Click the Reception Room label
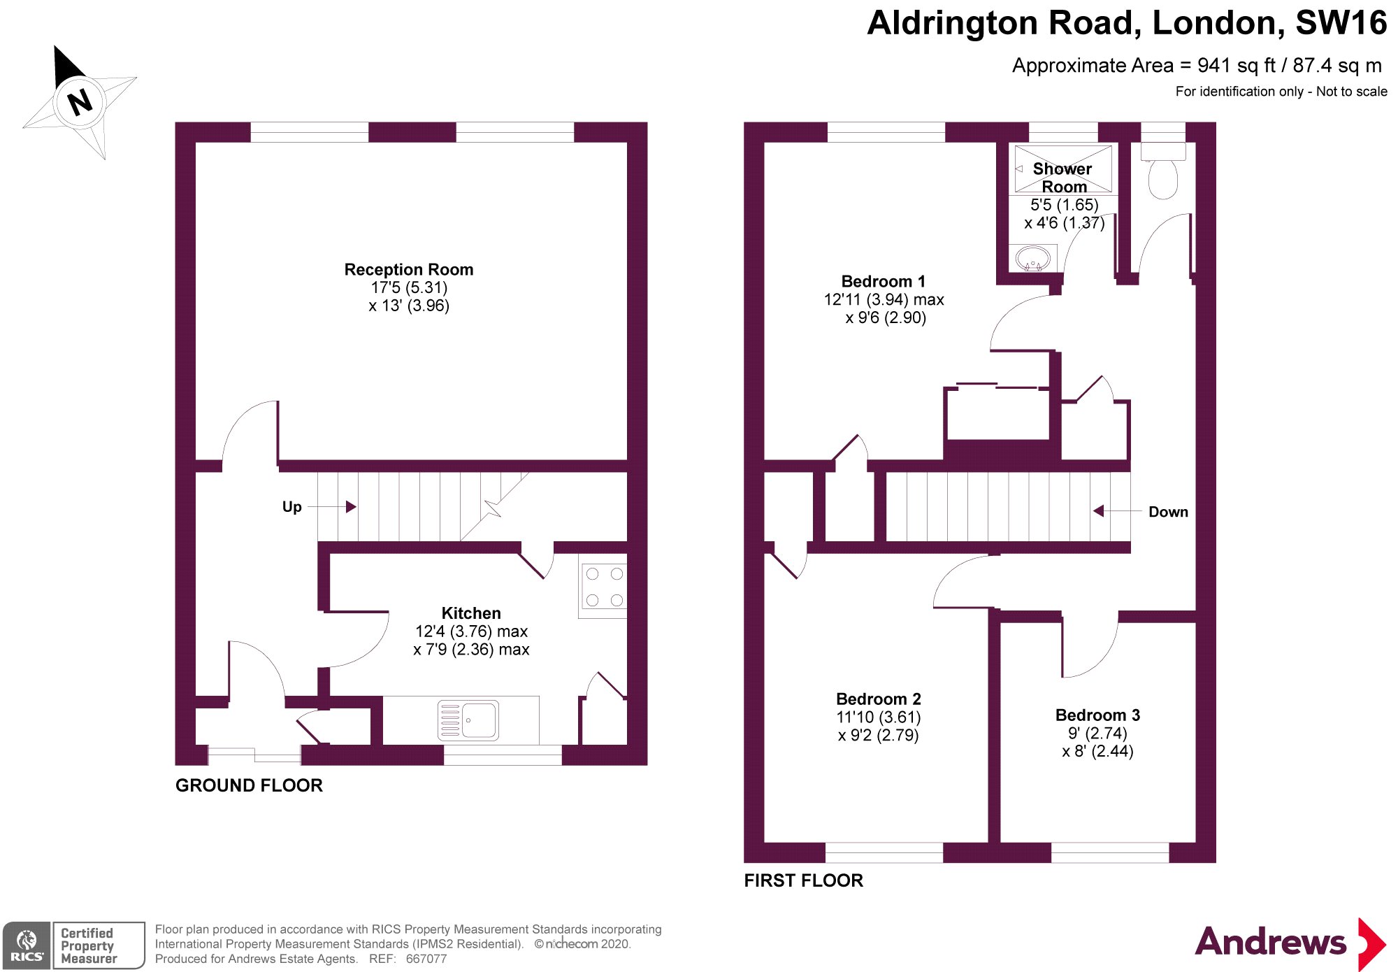click(409, 270)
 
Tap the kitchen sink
click(468, 720)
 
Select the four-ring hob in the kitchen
click(604, 587)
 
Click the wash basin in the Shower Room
click(1032, 259)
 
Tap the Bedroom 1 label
click(883, 282)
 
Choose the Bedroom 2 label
click(878, 699)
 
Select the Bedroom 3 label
click(1097, 715)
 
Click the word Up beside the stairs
click(291, 507)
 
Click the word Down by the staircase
click(1168, 512)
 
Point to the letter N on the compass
click(80, 102)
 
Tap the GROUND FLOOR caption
click(249, 785)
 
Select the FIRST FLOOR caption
click(803, 880)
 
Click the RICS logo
click(27, 945)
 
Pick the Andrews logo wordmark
click(1270, 942)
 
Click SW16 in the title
click(1341, 23)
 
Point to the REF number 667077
click(426, 959)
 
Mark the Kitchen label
click(471, 613)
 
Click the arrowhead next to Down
click(1099, 511)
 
